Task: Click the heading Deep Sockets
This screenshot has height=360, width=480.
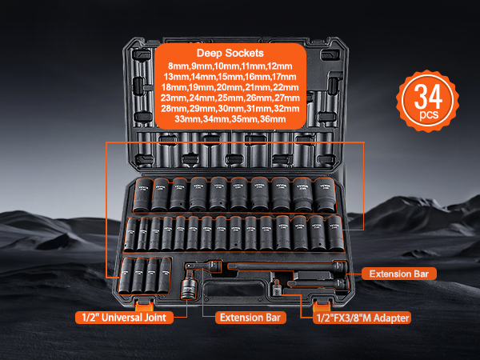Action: (230, 53)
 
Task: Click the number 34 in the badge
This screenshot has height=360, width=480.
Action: (428, 97)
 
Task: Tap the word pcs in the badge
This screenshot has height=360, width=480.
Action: (429, 115)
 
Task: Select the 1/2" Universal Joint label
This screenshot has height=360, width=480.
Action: (124, 318)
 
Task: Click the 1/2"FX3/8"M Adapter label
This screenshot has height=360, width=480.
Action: (362, 318)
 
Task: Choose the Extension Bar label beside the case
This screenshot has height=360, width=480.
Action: (399, 274)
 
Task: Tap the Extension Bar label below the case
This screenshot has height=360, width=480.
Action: (250, 318)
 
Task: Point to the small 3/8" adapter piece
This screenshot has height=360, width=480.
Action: (277, 288)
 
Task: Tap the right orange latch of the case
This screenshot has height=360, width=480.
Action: (322, 306)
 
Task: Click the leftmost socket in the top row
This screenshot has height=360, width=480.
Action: (143, 195)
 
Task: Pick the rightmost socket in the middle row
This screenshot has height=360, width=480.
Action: (334, 234)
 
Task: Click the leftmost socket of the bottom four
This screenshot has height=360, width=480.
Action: (126, 275)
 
